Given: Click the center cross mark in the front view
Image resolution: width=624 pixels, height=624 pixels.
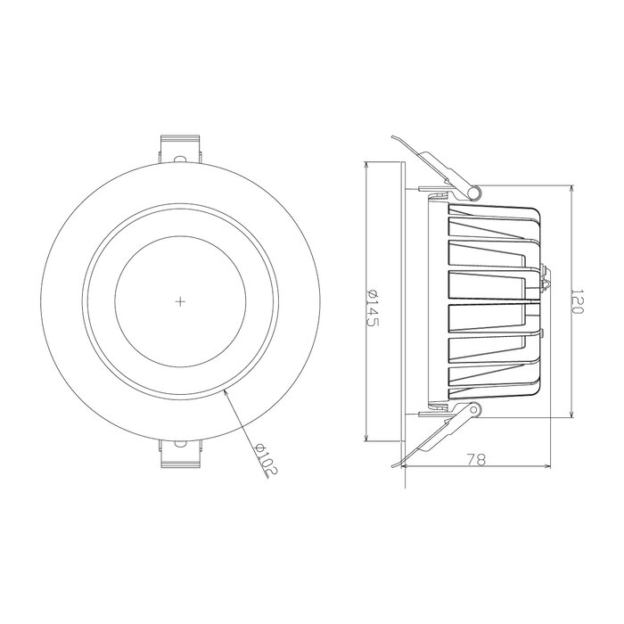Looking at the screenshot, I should coord(180,301).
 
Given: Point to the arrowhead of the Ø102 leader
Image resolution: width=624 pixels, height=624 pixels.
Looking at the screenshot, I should coord(226,391).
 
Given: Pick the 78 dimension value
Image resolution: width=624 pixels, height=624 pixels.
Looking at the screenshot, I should coord(476,460).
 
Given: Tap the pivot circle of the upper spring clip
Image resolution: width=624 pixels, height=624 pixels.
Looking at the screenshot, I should coord(475,191).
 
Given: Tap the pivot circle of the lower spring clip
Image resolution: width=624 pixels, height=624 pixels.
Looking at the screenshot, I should coord(475,411).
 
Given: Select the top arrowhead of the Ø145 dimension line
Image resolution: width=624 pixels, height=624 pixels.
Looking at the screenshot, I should coord(367,166).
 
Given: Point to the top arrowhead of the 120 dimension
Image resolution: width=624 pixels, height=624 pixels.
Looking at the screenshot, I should coord(571,189).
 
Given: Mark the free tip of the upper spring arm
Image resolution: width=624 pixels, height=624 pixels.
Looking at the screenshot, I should coord(393,136).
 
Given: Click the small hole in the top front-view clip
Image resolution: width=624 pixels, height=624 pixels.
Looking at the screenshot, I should coord(181,158).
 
